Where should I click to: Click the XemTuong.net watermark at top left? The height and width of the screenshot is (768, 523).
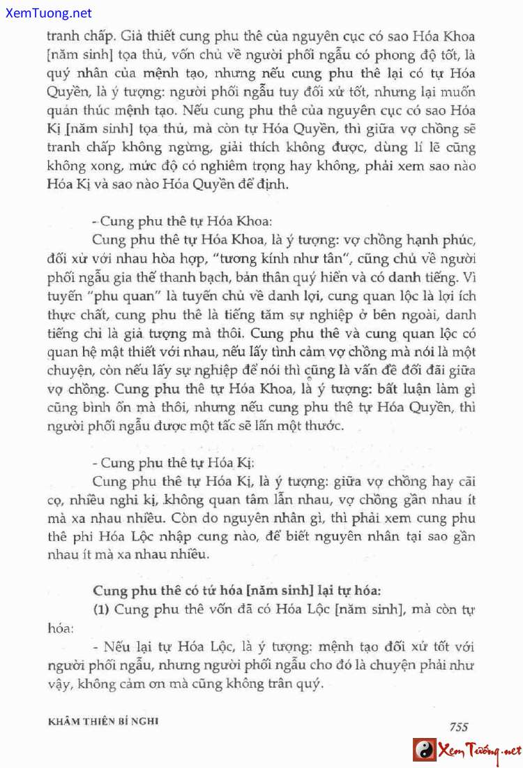pos(47,13)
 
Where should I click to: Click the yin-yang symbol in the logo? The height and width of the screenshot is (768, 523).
pos(424,751)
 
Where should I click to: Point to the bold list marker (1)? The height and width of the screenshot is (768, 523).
pos(102,609)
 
